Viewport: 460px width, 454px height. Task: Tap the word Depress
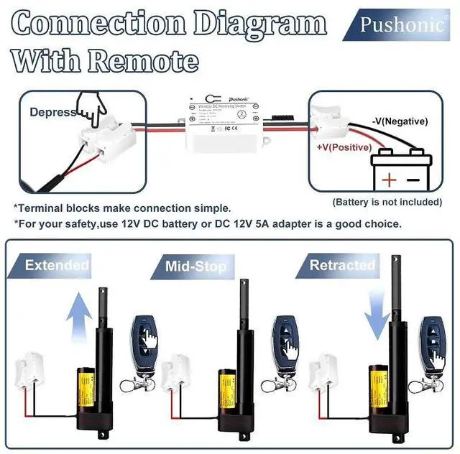[x=53, y=113]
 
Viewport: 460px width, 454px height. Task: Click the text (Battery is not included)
[x=387, y=203]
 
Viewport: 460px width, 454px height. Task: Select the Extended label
[x=55, y=266]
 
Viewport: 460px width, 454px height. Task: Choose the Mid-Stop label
[x=195, y=267]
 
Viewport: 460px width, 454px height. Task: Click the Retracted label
[x=342, y=265]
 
